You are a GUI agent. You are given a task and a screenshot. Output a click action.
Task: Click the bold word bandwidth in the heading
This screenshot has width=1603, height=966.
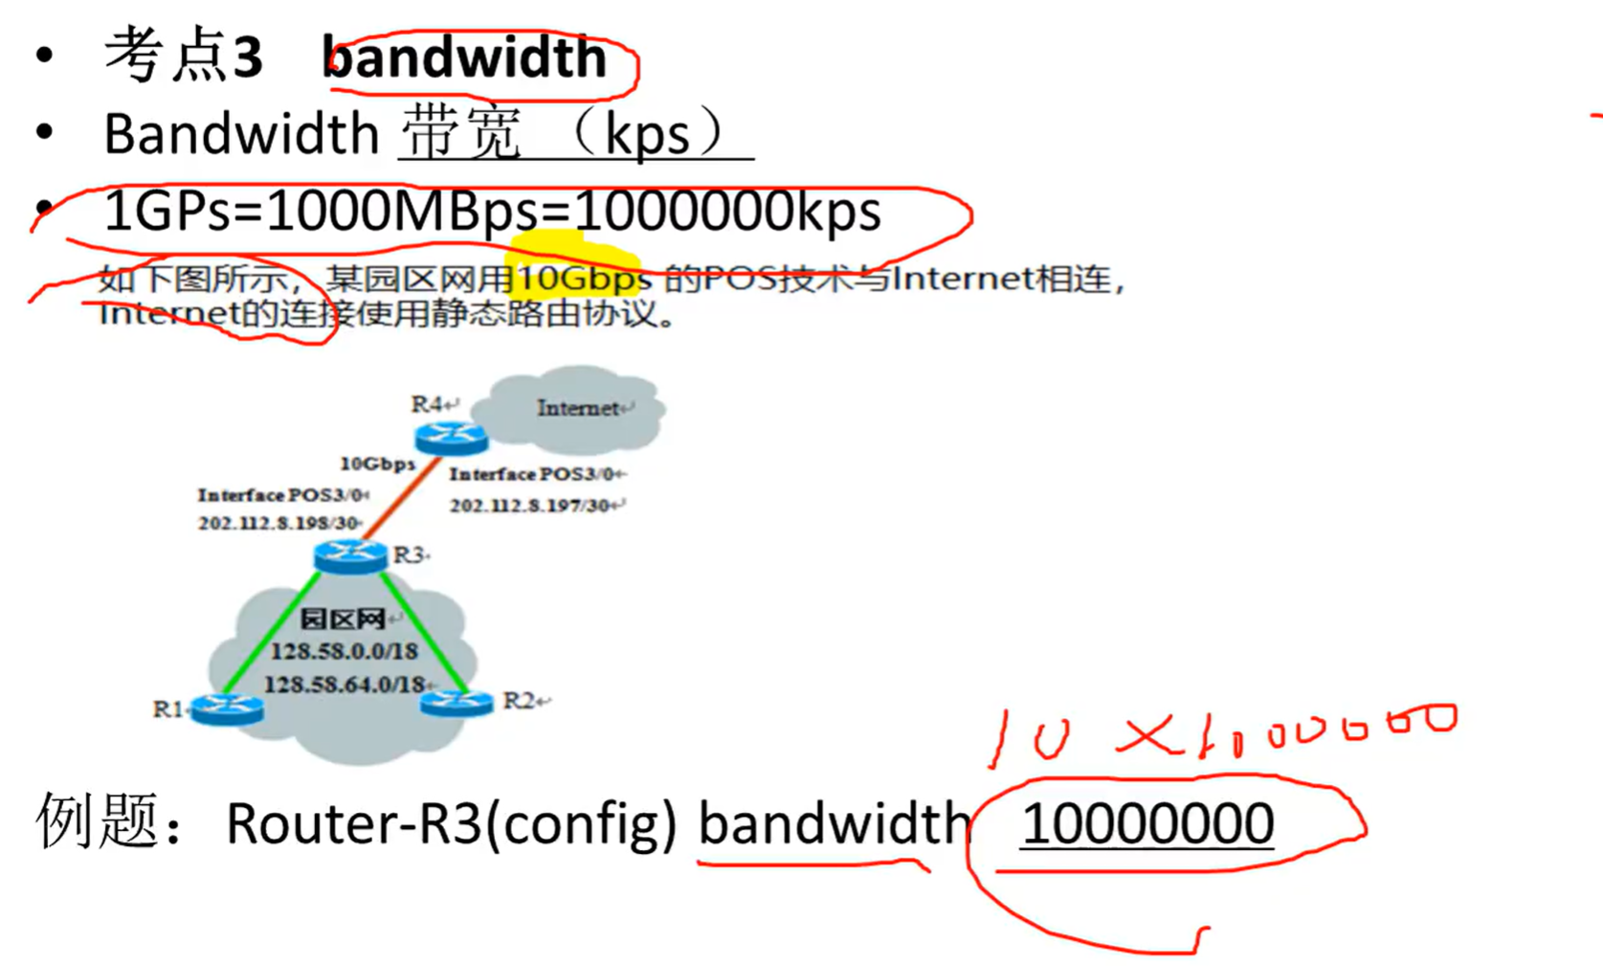pos(465,57)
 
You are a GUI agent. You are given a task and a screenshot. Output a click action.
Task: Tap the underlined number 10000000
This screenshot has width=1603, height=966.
pos(1147,823)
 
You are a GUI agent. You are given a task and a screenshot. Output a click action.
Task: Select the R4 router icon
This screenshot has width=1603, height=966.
pos(452,438)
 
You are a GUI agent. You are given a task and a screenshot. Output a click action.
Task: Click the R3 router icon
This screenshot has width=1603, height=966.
pos(350,555)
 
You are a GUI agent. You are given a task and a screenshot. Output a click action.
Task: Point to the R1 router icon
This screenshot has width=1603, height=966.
pos(227,708)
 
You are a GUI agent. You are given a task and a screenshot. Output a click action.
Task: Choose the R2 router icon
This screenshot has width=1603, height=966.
pos(456,703)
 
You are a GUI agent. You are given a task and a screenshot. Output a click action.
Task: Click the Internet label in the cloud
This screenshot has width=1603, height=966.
pos(577,409)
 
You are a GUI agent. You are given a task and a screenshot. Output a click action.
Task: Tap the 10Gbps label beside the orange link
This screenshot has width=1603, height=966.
pos(377,464)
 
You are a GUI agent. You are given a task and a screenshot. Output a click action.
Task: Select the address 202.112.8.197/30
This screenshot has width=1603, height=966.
pos(533,505)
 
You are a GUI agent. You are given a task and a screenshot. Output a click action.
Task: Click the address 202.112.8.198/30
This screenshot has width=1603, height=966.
pos(278,524)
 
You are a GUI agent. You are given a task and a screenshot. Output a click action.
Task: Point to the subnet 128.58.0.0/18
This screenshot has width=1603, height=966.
pos(344,652)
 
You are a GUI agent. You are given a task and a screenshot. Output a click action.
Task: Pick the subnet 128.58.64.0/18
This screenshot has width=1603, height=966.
pos(344,685)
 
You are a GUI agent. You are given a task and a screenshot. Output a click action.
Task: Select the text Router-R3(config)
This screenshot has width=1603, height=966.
pos(451,823)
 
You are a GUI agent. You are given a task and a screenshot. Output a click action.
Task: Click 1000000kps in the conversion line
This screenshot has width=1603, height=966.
pos(726,212)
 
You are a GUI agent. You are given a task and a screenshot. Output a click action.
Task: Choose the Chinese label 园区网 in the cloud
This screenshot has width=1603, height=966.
pos(342,619)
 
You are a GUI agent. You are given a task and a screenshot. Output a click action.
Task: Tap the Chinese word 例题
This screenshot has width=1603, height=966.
pos(96,821)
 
